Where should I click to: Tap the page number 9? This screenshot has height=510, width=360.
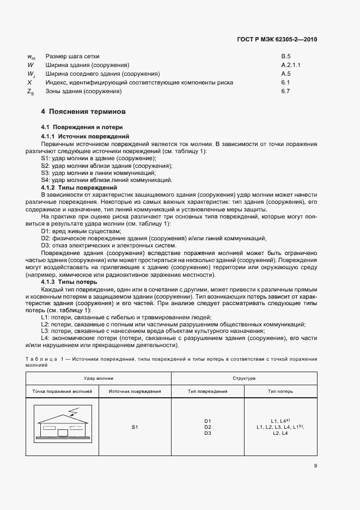pos(315,465)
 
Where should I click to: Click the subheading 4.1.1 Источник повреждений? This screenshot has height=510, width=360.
pos(85,136)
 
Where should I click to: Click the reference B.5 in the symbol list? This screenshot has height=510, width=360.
pos(286,56)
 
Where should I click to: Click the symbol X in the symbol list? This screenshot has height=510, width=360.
pos(29,82)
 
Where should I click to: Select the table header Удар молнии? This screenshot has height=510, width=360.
pos(99,378)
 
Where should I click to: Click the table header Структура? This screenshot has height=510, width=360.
pos(244,378)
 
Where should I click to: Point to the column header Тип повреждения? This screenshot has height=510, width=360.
pos(208,391)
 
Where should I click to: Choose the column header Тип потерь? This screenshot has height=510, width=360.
pos(280,391)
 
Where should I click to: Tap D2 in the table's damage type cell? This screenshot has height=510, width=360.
pos(208,427)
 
